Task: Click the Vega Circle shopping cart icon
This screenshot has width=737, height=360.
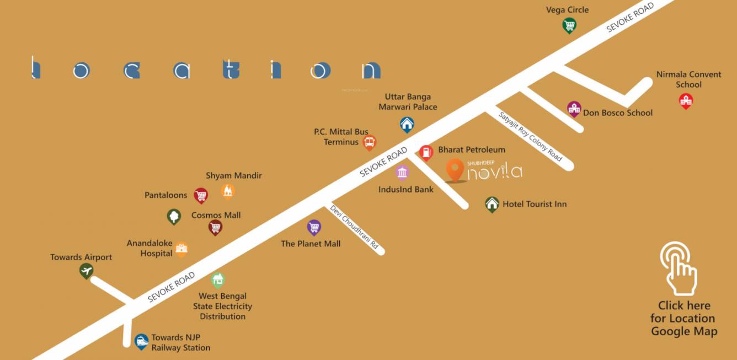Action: point(569,25)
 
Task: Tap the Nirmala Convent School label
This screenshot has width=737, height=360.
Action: point(688,79)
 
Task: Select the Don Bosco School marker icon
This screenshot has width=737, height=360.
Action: point(574,109)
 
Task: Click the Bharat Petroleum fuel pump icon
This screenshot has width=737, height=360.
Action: point(426,152)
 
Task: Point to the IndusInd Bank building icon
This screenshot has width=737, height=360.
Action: point(403,172)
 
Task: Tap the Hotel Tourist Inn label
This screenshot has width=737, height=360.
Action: point(534,204)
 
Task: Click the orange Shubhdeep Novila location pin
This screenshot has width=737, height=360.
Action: point(455,169)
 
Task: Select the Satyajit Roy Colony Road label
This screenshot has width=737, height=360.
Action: point(530,136)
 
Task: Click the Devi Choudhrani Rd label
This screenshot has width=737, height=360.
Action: point(354,227)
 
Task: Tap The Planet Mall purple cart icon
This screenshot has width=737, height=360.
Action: point(314,227)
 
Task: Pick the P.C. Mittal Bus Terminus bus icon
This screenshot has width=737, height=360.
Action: point(370,142)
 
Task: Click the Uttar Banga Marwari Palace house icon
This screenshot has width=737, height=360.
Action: point(407,124)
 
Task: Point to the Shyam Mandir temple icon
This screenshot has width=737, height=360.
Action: point(228,191)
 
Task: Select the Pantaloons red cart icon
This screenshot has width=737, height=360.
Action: point(201,195)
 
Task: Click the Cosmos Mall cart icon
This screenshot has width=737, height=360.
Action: point(215,227)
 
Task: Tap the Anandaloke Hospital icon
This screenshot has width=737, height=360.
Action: point(181,249)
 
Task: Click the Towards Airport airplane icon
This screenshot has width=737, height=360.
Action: point(86,271)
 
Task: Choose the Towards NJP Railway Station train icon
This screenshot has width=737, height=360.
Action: point(142,341)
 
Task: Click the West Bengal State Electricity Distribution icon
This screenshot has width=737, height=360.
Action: point(218,280)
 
